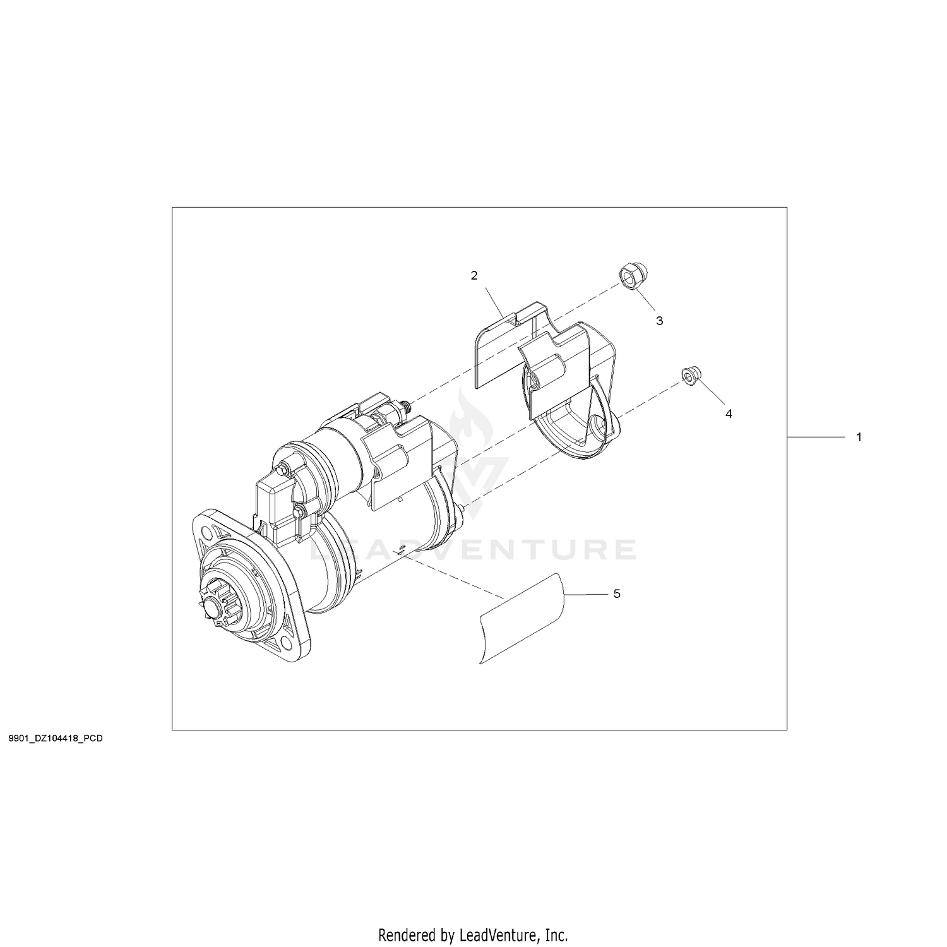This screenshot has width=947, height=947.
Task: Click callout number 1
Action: point(858,437)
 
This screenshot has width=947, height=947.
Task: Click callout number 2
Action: point(474,275)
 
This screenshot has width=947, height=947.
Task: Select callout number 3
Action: point(660,321)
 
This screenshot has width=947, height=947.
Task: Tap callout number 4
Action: point(729,414)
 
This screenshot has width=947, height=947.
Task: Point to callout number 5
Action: point(617,593)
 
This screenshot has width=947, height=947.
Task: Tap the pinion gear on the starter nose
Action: point(217,605)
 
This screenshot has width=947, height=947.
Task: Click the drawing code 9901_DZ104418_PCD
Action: point(56,738)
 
